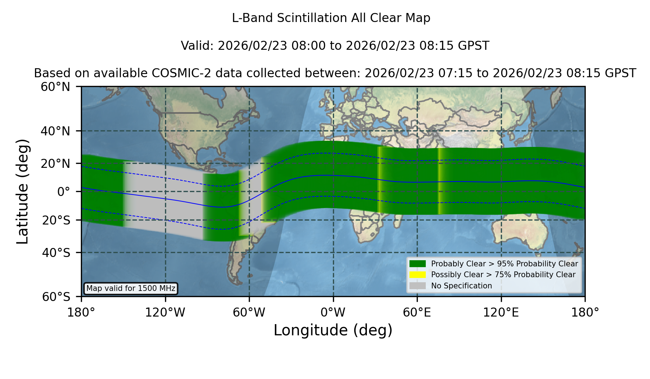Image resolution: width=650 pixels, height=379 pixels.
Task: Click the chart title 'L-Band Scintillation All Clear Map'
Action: (x=331, y=18)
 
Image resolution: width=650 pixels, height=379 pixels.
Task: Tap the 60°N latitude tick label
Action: (x=55, y=87)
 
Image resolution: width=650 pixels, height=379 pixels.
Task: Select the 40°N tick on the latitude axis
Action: (x=55, y=131)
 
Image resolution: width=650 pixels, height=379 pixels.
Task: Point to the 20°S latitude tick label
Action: (x=56, y=220)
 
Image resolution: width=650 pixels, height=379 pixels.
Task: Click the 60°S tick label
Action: (x=56, y=297)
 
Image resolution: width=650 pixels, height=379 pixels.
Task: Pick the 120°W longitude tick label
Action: (x=165, y=312)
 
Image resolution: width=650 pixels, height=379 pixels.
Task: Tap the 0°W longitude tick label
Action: (x=333, y=312)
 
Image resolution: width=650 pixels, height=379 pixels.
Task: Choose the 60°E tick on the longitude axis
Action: (x=417, y=312)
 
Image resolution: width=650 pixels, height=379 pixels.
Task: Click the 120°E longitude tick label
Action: (x=501, y=312)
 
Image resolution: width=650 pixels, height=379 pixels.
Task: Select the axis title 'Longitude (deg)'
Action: (x=333, y=330)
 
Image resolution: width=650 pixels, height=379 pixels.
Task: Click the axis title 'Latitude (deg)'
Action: (x=22, y=191)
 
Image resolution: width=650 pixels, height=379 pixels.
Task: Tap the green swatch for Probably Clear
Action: (x=417, y=264)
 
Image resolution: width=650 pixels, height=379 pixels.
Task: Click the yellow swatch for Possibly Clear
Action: (x=417, y=275)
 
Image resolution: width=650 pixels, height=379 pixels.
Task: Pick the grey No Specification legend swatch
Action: (x=417, y=286)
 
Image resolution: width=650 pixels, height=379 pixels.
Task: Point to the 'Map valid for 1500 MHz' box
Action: (x=131, y=288)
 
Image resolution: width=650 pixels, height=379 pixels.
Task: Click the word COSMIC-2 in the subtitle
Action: (x=176, y=73)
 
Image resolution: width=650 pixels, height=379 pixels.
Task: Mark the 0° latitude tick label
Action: (x=64, y=192)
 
